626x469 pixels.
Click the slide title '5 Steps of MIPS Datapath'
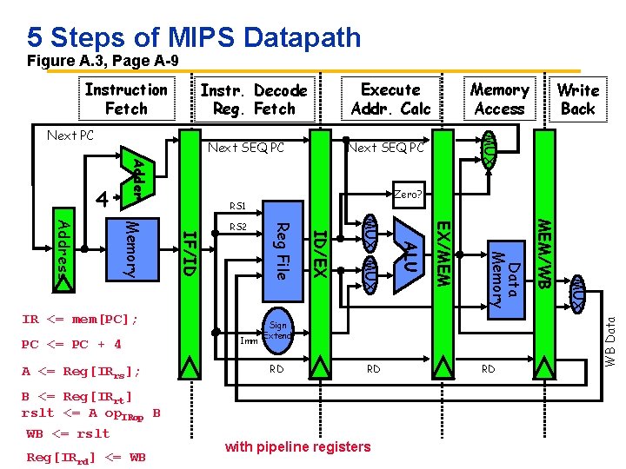point(194,36)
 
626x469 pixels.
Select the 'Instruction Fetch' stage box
point(126,99)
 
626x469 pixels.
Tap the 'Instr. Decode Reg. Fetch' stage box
point(254,99)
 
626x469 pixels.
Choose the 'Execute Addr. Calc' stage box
point(390,99)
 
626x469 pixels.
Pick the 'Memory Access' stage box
point(499,99)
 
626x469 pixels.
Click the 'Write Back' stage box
point(577,99)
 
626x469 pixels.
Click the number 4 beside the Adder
point(102,199)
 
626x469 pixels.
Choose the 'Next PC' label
point(70,135)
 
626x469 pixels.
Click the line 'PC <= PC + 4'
point(71,344)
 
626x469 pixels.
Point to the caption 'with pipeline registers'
point(297,447)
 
